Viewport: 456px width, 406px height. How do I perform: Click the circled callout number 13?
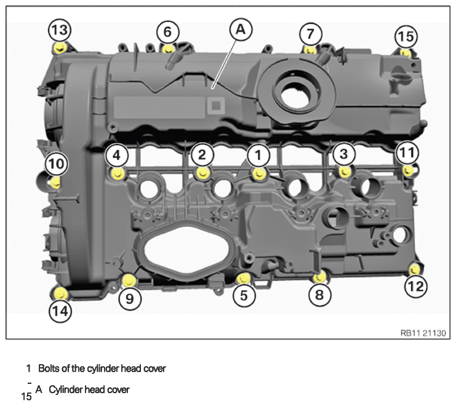tap(60, 30)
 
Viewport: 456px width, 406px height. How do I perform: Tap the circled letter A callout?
tap(241, 29)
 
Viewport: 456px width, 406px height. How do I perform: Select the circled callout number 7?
tap(311, 34)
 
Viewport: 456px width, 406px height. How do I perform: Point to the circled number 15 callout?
tap(406, 37)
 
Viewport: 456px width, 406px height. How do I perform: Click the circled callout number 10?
tap(57, 164)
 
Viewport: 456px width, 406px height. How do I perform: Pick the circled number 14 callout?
tap(60, 311)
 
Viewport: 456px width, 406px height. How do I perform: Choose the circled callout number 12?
tap(416, 287)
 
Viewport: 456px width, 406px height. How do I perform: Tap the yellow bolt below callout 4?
tap(118, 173)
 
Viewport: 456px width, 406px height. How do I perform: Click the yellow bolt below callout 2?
tap(202, 173)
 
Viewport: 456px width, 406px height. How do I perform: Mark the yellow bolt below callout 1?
tap(259, 174)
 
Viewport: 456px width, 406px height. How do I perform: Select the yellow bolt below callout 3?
tap(345, 172)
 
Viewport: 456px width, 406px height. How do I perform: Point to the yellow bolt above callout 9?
tap(129, 280)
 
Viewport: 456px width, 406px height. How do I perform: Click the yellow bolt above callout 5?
tap(243, 279)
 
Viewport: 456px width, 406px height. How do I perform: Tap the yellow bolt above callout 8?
tap(319, 277)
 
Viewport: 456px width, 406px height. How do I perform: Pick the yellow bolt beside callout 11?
tap(409, 170)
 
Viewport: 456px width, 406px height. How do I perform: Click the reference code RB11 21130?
tap(423, 333)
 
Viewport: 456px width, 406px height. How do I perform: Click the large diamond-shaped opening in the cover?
tap(186, 248)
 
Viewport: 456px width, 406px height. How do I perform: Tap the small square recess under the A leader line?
tap(216, 105)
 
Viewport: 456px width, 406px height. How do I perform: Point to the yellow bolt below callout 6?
tap(167, 49)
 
